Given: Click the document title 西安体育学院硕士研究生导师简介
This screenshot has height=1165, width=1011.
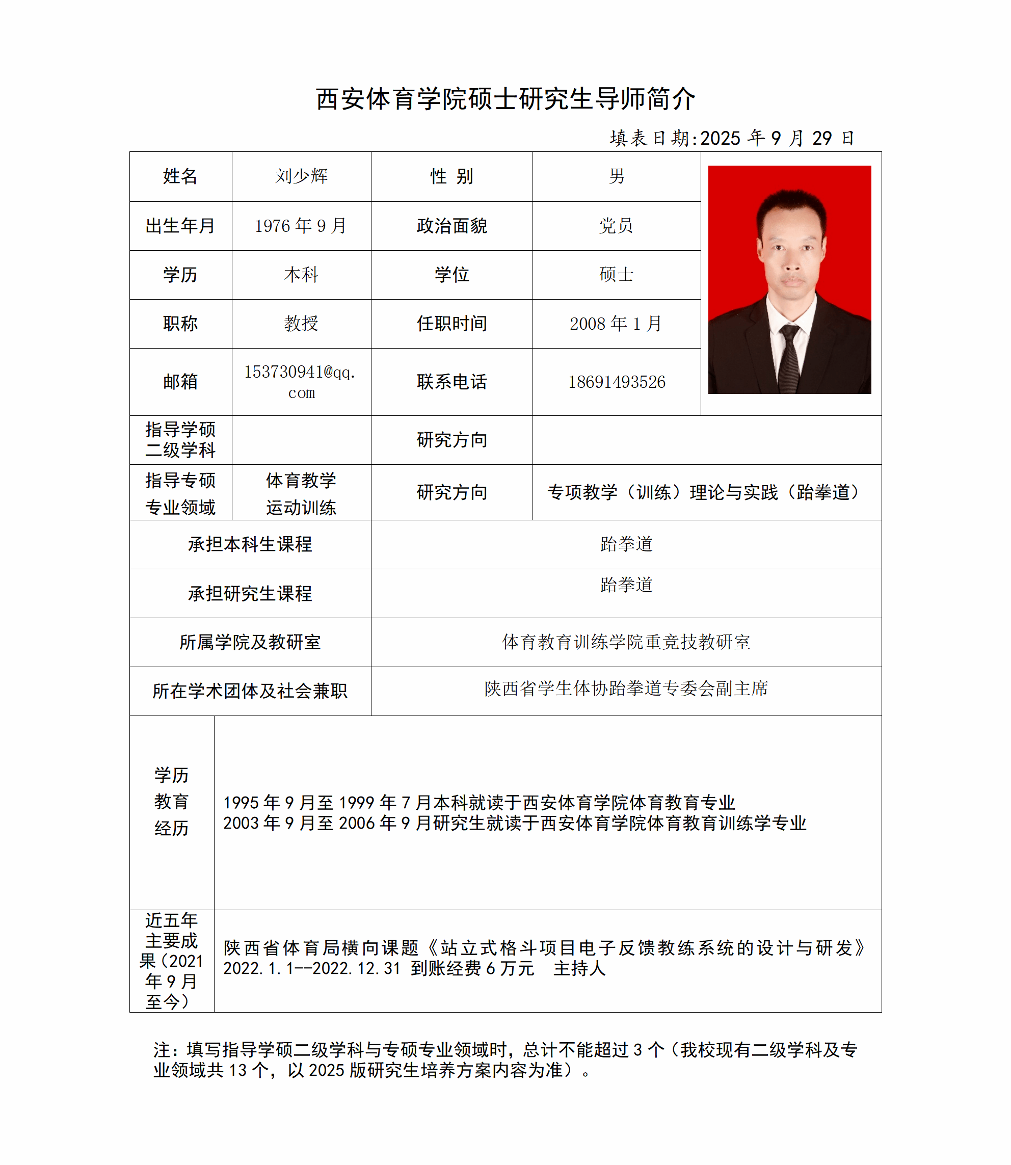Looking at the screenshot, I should (505, 99).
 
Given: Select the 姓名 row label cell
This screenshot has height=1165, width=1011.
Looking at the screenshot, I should (180, 176).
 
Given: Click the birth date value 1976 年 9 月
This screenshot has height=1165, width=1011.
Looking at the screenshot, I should (301, 226).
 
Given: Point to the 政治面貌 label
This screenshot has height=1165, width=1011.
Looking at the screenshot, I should (451, 226).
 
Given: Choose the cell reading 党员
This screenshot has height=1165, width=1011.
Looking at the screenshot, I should (616, 226).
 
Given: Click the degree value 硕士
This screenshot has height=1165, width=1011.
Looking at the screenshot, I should (616, 275).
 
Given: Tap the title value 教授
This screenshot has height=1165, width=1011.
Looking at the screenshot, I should (301, 324).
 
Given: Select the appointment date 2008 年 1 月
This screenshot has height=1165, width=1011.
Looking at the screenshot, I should (616, 324).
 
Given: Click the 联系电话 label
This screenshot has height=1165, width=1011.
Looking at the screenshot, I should (451, 382).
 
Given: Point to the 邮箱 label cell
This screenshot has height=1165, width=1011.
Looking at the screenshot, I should (180, 382).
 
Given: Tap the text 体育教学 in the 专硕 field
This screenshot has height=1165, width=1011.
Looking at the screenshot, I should (301, 481).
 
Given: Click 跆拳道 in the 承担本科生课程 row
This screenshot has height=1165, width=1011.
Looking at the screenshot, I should (626, 544).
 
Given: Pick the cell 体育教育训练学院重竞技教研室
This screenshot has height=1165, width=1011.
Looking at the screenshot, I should (626, 642).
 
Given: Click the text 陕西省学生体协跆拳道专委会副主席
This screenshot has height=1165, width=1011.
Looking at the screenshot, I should (626, 689).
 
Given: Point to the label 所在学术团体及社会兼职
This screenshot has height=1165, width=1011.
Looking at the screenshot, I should (250, 691).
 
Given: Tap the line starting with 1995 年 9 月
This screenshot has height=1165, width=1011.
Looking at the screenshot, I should (479, 802).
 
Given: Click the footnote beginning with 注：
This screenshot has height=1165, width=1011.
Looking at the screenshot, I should (505, 1060).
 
